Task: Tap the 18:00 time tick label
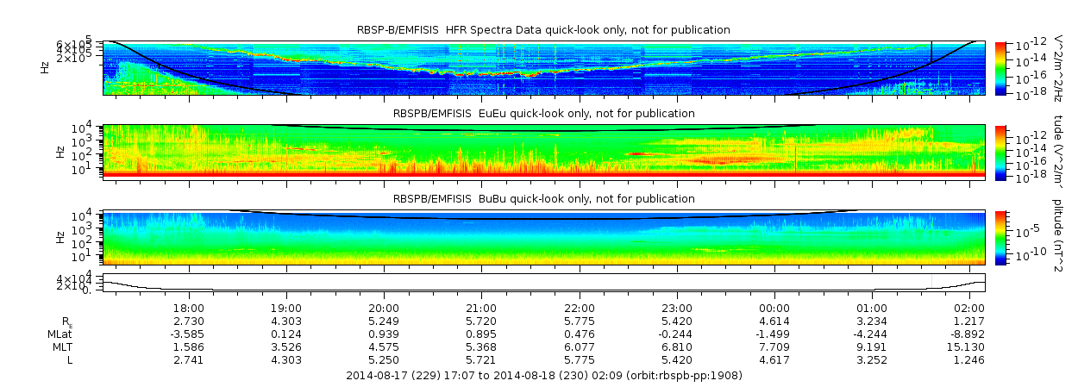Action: pyautogui.click(x=189, y=308)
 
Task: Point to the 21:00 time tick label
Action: pyautogui.click(x=481, y=308)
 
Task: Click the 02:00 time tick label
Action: pyautogui.click(x=969, y=308)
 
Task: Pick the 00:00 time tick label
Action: pyautogui.click(x=774, y=308)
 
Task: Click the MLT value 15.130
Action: pyautogui.click(x=969, y=346)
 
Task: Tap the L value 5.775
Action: pyautogui.click(x=579, y=359)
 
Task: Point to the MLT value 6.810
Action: pyautogui.click(x=676, y=346)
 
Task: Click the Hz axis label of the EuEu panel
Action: pyautogui.click(x=60, y=151)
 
